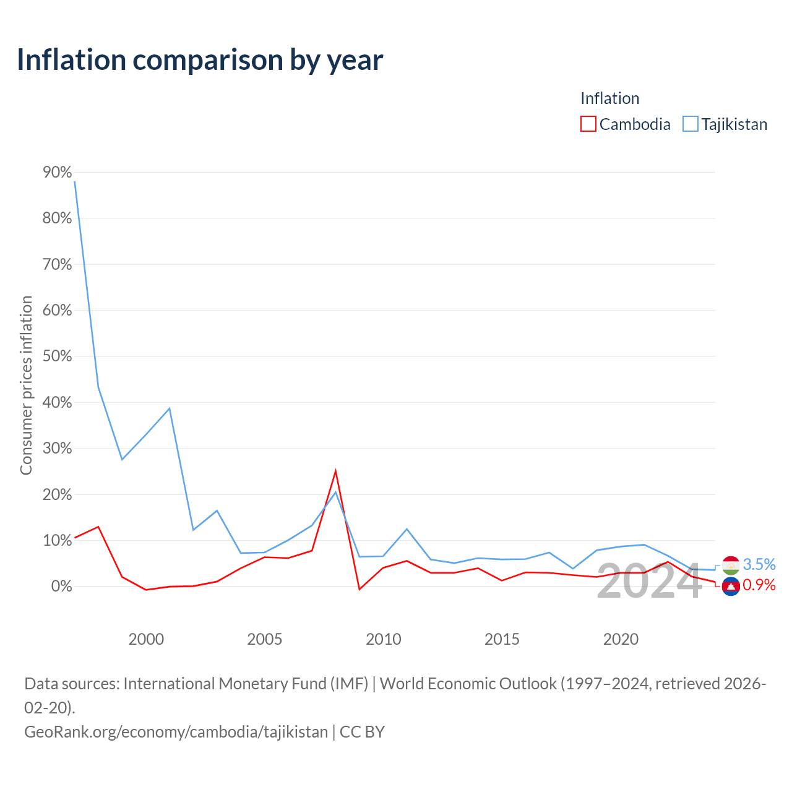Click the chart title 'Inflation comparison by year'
pyautogui.click(x=200, y=60)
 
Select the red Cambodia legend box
pyautogui.click(x=588, y=124)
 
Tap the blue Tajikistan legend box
pyautogui.click(x=690, y=124)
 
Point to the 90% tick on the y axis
pyautogui.click(x=57, y=172)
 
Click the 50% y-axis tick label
pyautogui.click(x=57, y=356)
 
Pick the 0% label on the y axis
pyautogui.click(x=61, y=586)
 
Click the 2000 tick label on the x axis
pyautogui.click(x=146, y=639)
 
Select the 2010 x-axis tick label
pyautogui.click(x=383, y=639)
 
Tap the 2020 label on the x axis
pyautogui.click(x=621, y=639)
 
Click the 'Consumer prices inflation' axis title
pyautogui.click(x=26, y=385)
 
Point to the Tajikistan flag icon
pyautogui.click(x=731, y=566)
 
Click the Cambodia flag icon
pyautogui.click(x=731, y=586)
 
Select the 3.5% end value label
pyautogui.click(x=759, y=564)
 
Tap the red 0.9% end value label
pyautogui.click(x=759, y=585)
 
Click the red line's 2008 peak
pyautogui.click(x=335, y=471)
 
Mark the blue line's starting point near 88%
pyautogui.click(x=74, y=181)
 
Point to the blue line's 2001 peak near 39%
pyautogui.click(x=170, y=408)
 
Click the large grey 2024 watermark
pyautogui.click(x=650, y=581)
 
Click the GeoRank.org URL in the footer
pyautogui.click(x=176, y=732)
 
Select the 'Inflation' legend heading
pyautogui.click(x=609, y=98)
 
